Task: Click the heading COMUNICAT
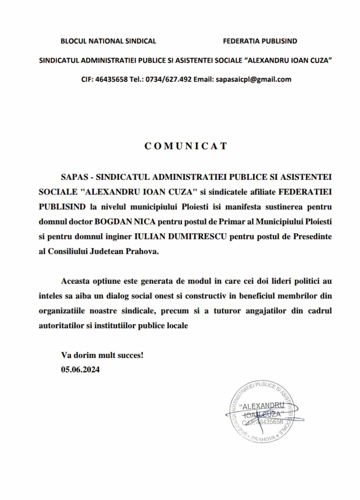tap(186, 146)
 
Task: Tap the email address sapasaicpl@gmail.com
tap(253, 79)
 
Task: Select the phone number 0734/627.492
tap(169, 79)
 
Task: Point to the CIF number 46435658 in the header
tap(112, 79)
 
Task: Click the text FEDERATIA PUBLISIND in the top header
tap(260, 41)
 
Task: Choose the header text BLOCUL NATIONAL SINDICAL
tap(108, 41)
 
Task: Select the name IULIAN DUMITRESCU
tap(180, 237)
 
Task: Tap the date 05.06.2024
tap(80, 370)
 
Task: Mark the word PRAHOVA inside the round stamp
tap(263, 439)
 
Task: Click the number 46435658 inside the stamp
tap(271, 422)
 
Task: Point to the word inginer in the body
tap(118, 237)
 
